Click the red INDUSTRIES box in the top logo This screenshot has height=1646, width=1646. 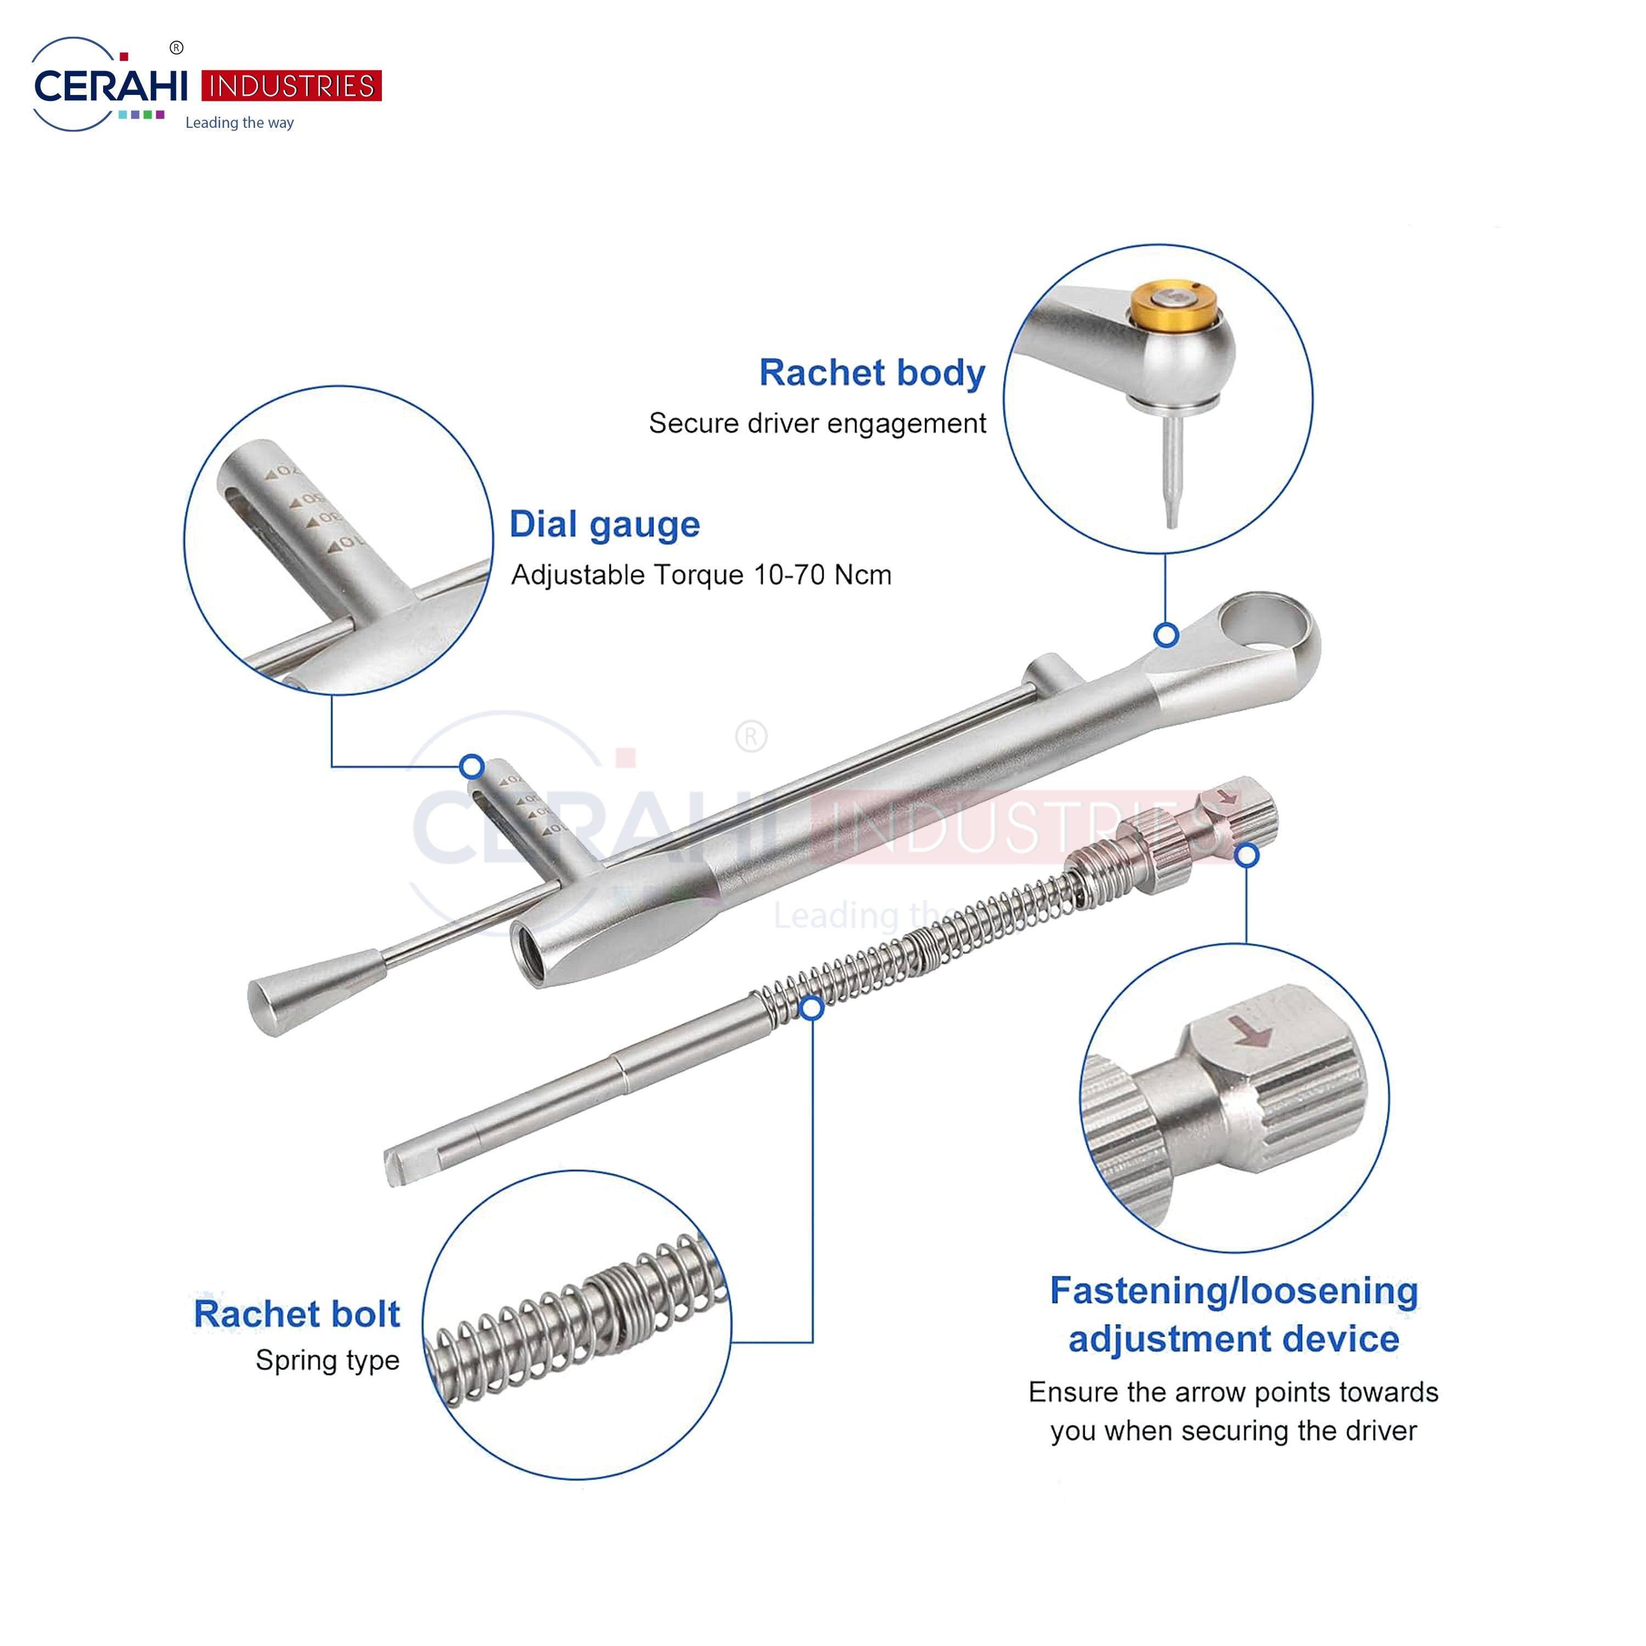(x=291, y=86)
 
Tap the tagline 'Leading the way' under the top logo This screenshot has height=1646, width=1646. (x=239, y=123)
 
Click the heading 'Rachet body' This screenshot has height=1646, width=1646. (x=872, y=373)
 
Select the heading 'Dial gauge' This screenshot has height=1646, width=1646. (x=604, y=525)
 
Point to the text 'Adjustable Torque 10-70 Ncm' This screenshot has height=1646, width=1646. (x=701, y=575)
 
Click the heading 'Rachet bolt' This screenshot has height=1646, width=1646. (x=296, y=1314)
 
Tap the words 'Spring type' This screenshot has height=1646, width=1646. (x=327, y=1361)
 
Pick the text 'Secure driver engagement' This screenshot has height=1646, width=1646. (x=817, y=424)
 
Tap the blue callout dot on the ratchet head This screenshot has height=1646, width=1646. (x=1166, y=635)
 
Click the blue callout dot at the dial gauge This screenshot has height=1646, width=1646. (x=472, y=766)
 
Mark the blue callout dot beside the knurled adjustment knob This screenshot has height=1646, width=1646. (x=1247, y=855)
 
